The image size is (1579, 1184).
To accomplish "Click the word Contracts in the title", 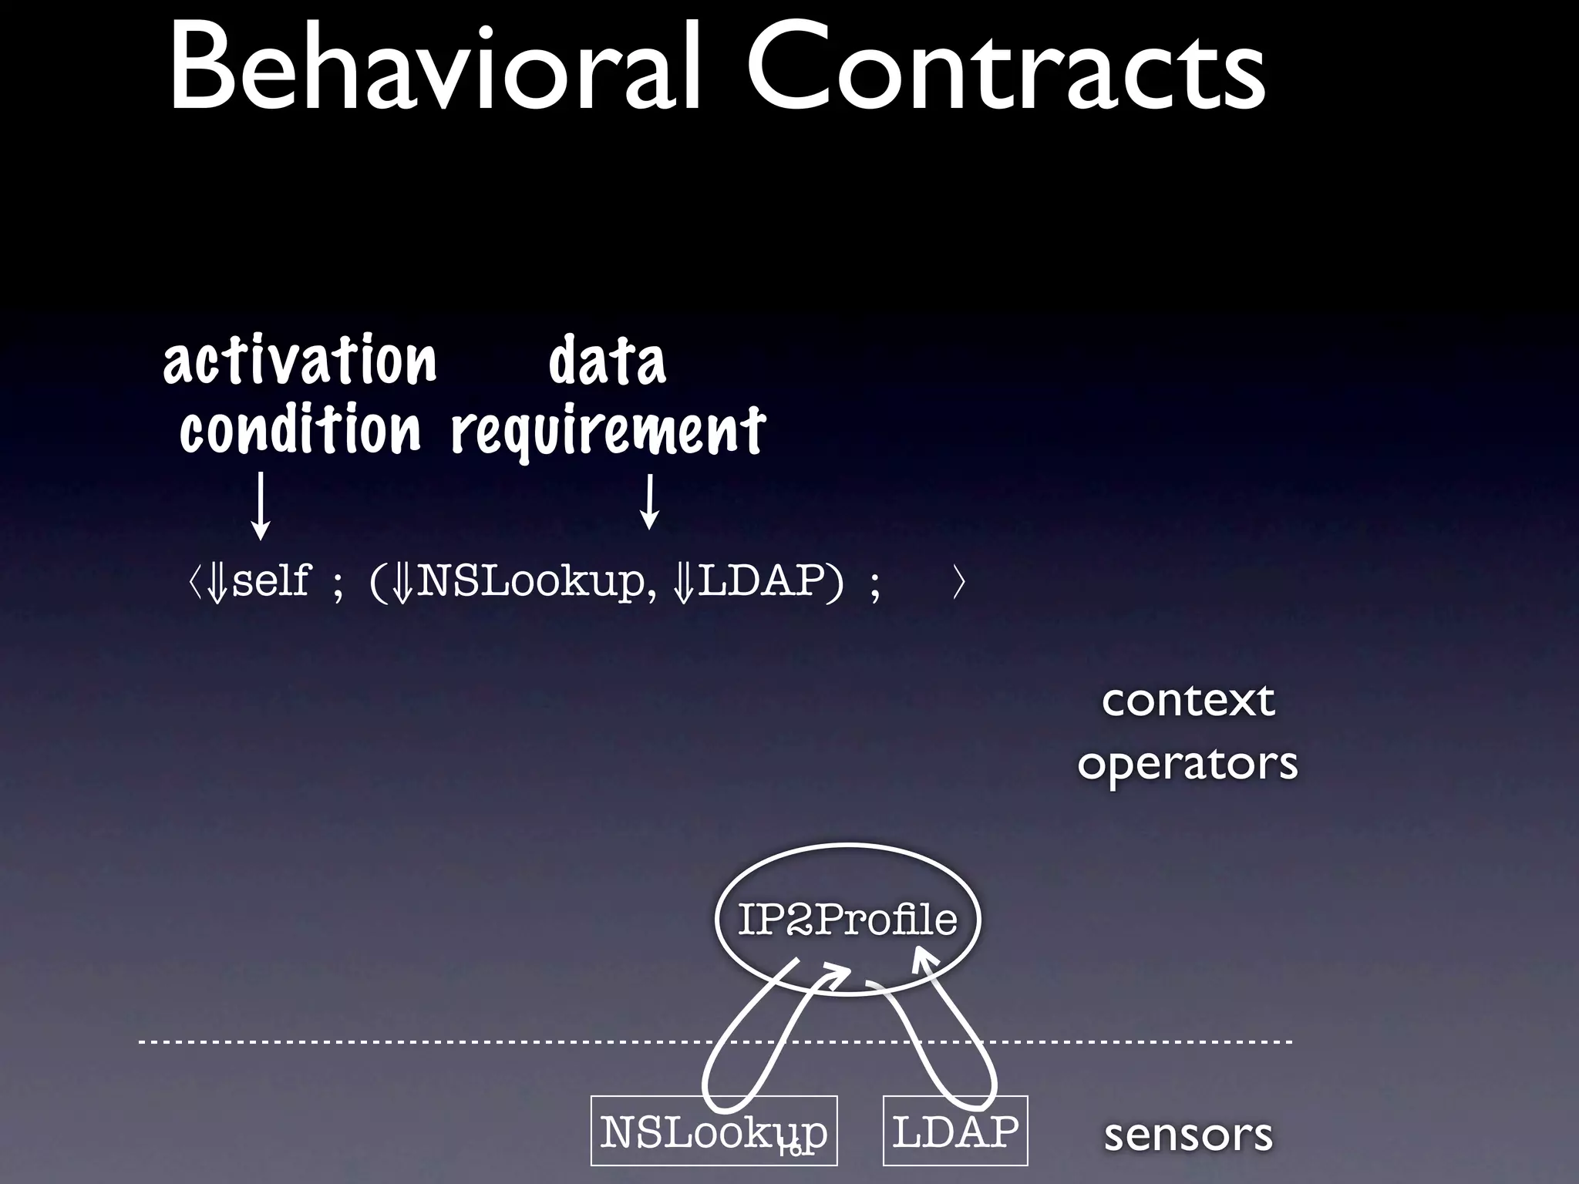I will tap(1005, 73).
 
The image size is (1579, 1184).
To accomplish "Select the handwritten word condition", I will tap(300, 429).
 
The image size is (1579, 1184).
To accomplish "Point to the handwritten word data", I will tap(607, 361).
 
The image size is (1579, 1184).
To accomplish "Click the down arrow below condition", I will tap(261, 505).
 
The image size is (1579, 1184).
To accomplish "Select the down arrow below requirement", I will tap(650, 501).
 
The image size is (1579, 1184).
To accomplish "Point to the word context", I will tap(1187, 700).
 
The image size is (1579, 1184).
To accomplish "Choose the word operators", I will tap(1187, 763).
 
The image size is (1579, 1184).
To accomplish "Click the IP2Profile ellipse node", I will tap(847, 919).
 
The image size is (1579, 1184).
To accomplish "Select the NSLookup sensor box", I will tap(713, 1131).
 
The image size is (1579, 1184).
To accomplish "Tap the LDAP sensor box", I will tap(955, 1131).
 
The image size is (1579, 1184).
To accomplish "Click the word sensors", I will tap(1187, 1135).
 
